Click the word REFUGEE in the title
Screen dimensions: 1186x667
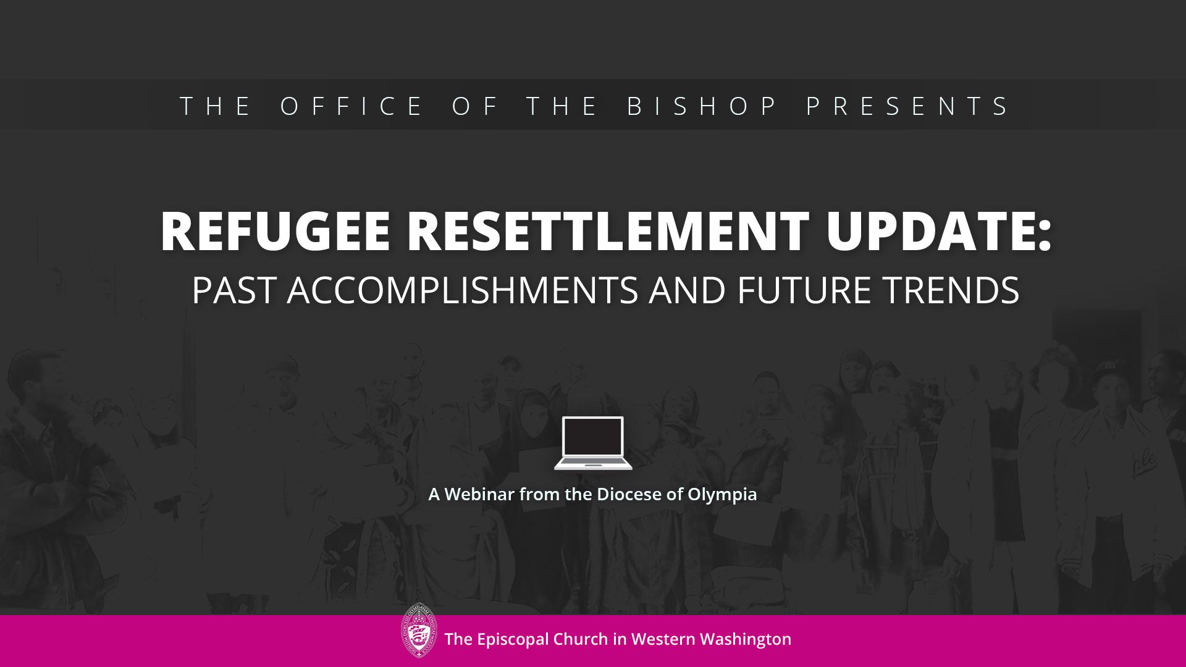pyautogui.click(x=275, y=231)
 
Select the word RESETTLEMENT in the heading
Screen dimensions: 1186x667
pyautogui.click(x=608, y=231)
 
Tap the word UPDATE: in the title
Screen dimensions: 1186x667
pyautogui.click(x=939, y=231)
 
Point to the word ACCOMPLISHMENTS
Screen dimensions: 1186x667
pyautogui.click(x=463, y=290)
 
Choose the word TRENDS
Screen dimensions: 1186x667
pyautogui.click(x=951, y=290)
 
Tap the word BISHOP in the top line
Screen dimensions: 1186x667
pyautogui.click(x=702, y=106)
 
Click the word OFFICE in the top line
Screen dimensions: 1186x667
pyautogui.click(x=351, y=106)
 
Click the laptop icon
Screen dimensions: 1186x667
pyautogui.click(x=593, y=443)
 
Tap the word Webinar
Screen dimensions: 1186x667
pyautogui.click(x=479, y=494)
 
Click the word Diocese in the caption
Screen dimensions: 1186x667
pyautogui.click(x=629, y=494)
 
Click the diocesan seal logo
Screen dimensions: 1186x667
pyautogui.click(x=419, y=631)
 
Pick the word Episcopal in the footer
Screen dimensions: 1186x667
pyautogui.click(x=513, y=640)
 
